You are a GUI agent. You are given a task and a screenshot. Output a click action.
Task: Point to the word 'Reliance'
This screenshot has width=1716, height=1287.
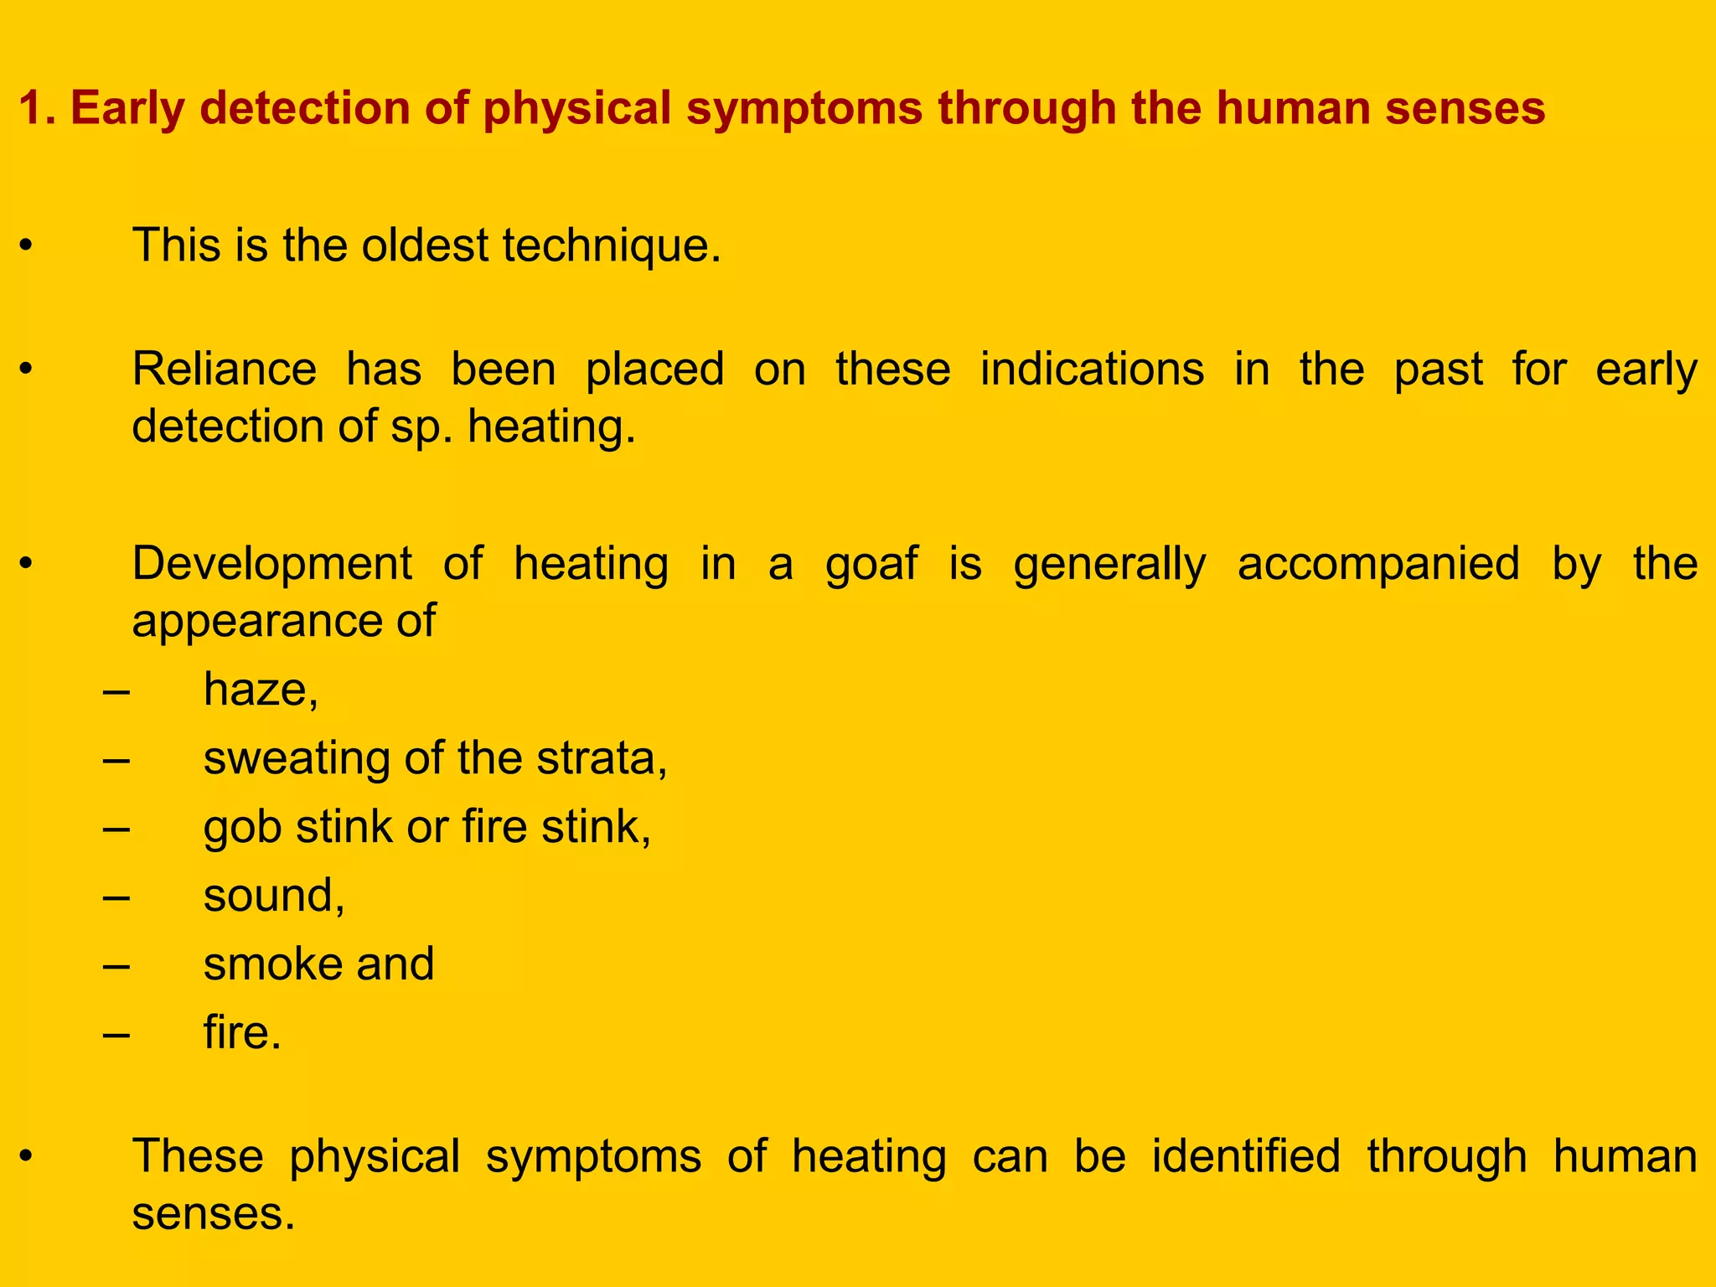pyautogui.click(x=225, y=370)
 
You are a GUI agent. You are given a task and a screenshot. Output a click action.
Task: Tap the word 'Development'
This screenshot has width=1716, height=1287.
pyautogui.click(x=271, y=563)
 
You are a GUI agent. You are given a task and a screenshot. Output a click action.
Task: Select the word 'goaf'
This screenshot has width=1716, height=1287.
pyautogui.click(x=871, y=563)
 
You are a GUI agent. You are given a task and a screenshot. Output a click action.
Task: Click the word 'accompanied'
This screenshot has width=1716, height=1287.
pyautogui.click(x=1378, y=563)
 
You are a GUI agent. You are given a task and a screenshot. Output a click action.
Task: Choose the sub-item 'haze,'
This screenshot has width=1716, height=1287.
pyautogui.click(x=261, y=690)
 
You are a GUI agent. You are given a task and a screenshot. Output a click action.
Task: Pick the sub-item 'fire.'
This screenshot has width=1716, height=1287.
pyautogui.click(x=242, y=1032)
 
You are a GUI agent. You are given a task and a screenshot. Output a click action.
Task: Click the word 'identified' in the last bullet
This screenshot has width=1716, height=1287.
pyautogui.click(x=1246, y=1156)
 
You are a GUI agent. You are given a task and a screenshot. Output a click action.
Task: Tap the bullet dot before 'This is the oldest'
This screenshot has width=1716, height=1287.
pyautogui.click(x=27, y=246)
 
